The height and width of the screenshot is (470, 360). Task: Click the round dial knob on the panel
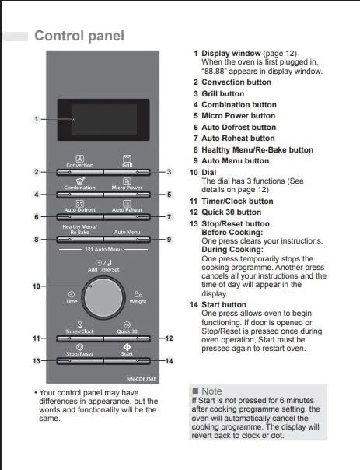[x=103, y=298]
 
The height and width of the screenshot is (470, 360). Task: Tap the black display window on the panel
[x=103, y=120]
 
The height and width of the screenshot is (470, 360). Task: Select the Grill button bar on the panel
[x=127, y=172]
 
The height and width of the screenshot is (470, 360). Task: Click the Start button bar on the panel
[x=127, y=361]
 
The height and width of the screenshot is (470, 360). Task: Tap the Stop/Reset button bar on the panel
[x=79, y=361]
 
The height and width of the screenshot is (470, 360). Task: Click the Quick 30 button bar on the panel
[x=127, y=338]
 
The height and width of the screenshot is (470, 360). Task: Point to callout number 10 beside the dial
[x=37, y=286]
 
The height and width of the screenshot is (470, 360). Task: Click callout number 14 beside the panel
[x=170, y=361]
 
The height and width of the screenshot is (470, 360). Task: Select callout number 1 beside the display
[x=37, y=119]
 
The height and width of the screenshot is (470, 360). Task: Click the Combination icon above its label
[x=80, y=181]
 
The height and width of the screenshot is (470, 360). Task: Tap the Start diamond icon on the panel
[x=127, y=347]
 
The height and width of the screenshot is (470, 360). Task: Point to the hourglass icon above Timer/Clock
[x=79, y=324]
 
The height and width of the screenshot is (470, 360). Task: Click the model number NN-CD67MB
[x=142, y=379]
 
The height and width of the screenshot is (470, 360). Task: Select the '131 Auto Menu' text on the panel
[x=103, y=249]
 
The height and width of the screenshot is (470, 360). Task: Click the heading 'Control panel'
[x=79, y=36]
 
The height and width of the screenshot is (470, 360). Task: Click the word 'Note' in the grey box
[x=211, y=391]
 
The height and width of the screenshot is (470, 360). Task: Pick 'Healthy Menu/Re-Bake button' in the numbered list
[x=257, y=149]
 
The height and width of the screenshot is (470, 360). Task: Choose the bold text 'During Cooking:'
[x=232, y=249]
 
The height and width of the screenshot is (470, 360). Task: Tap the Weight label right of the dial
[x=138, y=302]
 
